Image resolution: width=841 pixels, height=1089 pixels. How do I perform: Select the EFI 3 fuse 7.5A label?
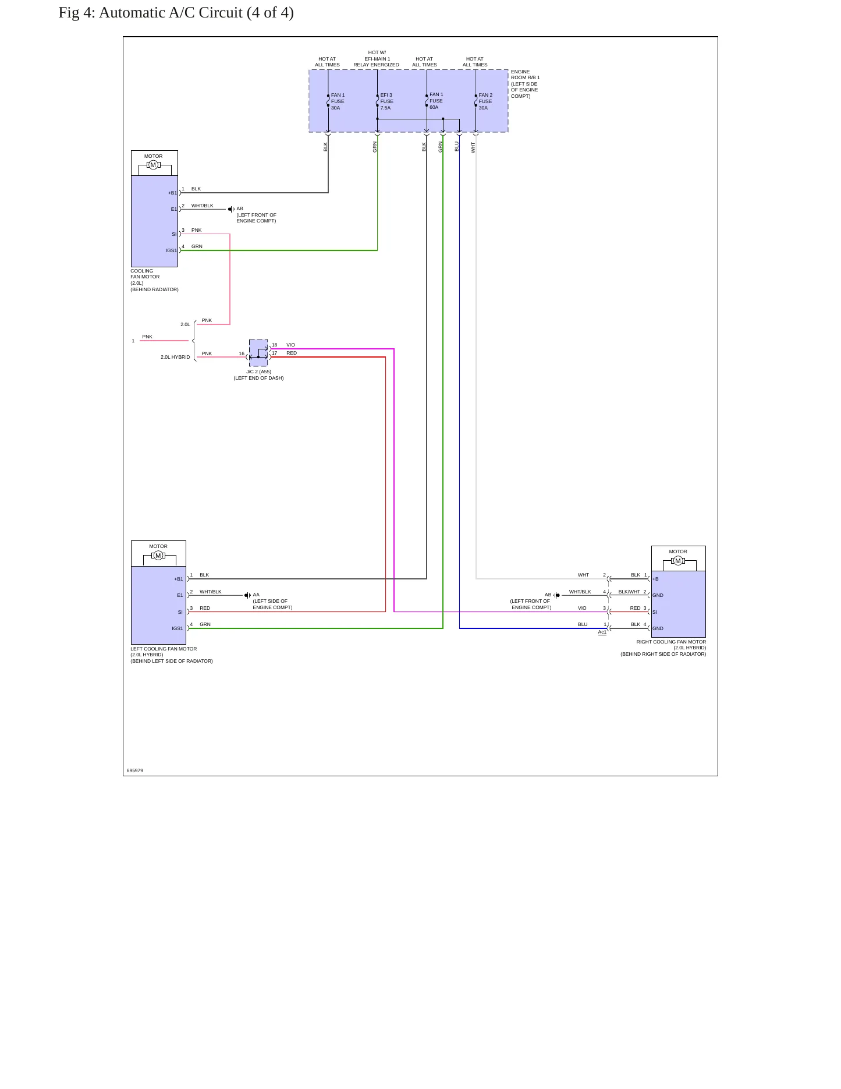point(387,101)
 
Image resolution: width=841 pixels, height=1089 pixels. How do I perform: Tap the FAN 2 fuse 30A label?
point(485,101)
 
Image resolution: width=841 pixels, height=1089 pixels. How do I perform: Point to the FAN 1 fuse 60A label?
point(436,101)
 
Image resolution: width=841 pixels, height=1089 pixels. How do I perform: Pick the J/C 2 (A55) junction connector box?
point(258,353)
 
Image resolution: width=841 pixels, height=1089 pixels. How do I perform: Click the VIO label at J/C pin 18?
point(290,345)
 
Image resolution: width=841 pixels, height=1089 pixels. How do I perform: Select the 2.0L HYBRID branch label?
point(175,357)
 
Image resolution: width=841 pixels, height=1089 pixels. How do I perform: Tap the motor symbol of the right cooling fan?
point(677,561)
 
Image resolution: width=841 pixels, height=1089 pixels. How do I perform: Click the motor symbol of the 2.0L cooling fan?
point(153,165)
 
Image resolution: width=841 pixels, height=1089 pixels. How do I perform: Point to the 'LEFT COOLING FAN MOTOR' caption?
point(164,649)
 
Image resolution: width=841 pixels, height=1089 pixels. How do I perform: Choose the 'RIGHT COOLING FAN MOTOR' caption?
point(671,642)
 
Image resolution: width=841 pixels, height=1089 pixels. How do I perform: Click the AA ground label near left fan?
point(256,595)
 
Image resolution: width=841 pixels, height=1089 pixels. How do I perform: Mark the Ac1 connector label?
point(602,632)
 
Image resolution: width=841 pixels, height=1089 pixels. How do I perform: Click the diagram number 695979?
point(135,770)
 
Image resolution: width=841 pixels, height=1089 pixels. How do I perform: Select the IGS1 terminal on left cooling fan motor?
point(177,629)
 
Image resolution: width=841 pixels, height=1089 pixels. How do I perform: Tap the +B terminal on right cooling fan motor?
point(655,579)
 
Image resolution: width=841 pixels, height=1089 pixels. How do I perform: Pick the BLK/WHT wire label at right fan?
point(629,592)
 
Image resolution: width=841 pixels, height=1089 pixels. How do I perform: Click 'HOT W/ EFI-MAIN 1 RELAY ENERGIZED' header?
point(377,59)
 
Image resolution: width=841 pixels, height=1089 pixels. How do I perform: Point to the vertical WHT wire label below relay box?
point(474,147)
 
